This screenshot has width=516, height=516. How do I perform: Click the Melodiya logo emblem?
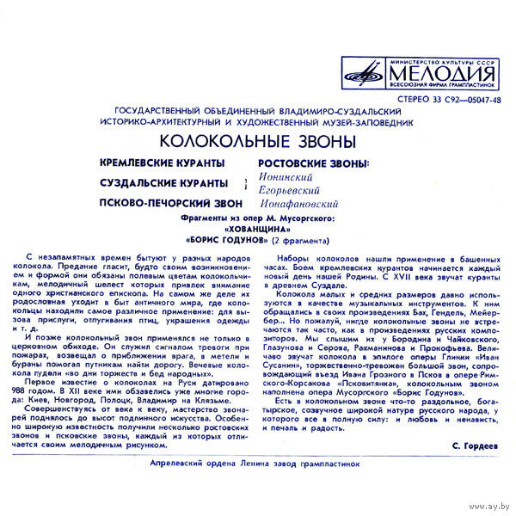pyautogui.click(x=360, y=73)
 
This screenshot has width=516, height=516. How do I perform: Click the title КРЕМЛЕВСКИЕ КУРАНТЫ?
pyautogui.click(x=163, y=163)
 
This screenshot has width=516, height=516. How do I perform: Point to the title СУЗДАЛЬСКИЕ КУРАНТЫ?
pyautogui.click(x=163, y=183)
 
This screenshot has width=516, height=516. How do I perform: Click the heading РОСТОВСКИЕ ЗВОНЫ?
pyautogui.click(x=314, y=163)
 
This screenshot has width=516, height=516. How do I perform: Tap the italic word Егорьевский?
pyautogui.click(x=295, y=189)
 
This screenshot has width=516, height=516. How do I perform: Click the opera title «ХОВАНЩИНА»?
pyautogui.click(x=259, y=229)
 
